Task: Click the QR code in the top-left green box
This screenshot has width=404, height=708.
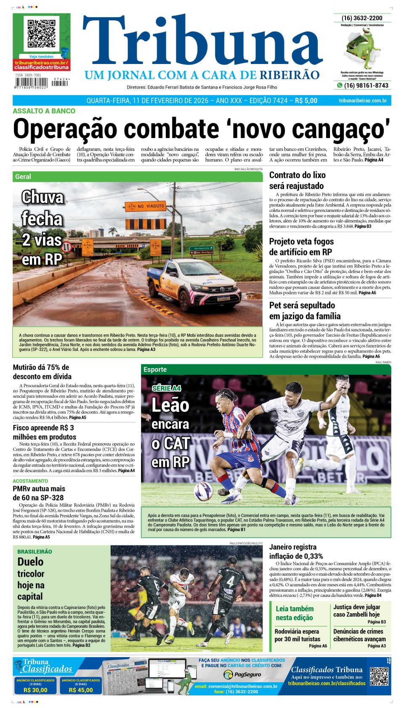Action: (41, 33)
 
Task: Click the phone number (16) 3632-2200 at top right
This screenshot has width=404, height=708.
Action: (362, 18)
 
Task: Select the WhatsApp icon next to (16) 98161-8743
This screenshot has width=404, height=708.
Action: (339, 85)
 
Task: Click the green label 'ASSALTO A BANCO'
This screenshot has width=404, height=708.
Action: (44, 111)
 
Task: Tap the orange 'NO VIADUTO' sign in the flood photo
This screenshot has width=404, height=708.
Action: (145, 206)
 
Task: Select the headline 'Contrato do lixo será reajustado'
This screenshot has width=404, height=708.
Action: (297, 180)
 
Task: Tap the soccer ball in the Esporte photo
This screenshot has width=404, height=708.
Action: (203, 491)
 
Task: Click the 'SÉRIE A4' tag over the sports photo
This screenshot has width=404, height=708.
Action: (166, 388)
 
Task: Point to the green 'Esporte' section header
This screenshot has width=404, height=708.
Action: (155, 369)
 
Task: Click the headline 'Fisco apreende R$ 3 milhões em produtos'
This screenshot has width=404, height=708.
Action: (44, 432)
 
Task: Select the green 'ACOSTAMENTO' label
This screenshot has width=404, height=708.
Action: (30, 481)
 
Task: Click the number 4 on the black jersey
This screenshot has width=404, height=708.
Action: (230, 582)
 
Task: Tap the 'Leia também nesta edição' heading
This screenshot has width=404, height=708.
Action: (294, 613)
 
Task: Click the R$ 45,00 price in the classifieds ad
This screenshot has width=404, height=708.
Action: (81, 690)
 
